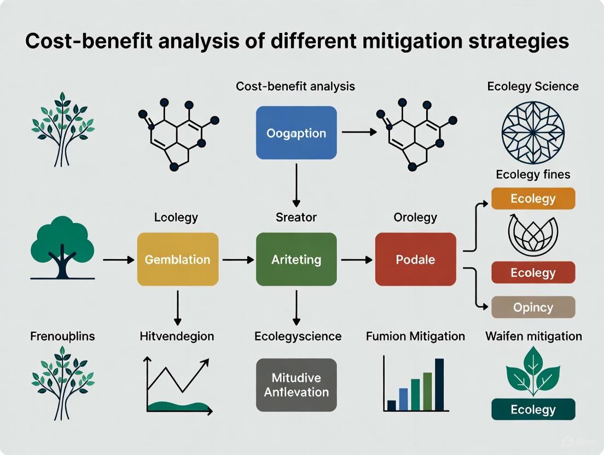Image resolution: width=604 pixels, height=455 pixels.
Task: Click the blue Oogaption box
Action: tap(296, 133)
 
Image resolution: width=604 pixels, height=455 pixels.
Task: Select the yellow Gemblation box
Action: tap(177, 259)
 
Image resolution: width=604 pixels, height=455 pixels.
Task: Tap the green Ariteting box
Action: tap(296, 259)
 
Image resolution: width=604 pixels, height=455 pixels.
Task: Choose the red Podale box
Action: tap(415, 259)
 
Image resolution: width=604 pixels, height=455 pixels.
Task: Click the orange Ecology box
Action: tap(533, 199)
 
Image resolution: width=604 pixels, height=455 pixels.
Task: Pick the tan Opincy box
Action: tap(533, 307)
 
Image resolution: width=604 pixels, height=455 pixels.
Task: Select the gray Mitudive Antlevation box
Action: tap(296, 385)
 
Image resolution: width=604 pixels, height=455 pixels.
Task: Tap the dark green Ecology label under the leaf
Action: tap(533, 410)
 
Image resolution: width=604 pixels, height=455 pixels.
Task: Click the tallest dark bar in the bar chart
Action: tap(439, 384)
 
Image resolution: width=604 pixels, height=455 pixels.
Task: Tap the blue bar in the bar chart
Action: tap(403, 399)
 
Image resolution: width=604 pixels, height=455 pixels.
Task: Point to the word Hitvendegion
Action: tap(177, 336)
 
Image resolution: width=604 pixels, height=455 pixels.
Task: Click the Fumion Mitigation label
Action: tap(415, 336)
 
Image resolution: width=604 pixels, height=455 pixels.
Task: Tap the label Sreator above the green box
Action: tap(296, 217)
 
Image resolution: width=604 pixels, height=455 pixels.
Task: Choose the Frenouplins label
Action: tap(62, 336)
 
